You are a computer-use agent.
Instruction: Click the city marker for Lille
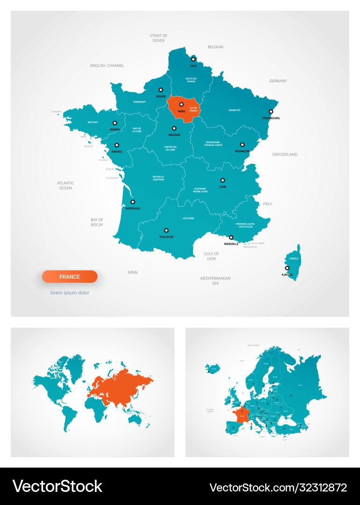(x=193, y=59)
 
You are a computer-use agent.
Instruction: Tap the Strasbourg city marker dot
(x=271, y=112)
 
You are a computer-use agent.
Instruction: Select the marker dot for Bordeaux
(x=133, y=202)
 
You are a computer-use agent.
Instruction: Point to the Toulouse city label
(x=166, y=237)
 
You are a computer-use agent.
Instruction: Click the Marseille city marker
(x=231, y=237)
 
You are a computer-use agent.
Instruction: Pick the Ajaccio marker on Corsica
(x=288, y=268)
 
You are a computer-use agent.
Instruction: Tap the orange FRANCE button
(x=70, y=277)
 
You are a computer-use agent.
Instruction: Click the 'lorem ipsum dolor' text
(x=70, y=293)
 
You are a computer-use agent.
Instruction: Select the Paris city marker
(x=181, y=105)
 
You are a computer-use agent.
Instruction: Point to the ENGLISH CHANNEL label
(x=107, y=66)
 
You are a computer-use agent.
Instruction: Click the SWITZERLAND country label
(x=285, y=154)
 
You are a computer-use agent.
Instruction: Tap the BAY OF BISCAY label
(x=97, y=222)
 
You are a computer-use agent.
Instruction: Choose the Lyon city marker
(x=223, y=180)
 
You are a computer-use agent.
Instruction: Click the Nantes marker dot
(x=117, y=145)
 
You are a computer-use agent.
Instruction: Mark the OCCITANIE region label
(x=188, y=218)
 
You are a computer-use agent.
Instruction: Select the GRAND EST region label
(x=234, y=110)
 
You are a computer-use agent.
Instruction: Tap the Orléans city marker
(x=174, y=128)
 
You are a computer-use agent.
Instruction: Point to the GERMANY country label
(x=278, y=81)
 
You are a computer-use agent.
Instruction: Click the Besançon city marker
(x=242, y=145)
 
